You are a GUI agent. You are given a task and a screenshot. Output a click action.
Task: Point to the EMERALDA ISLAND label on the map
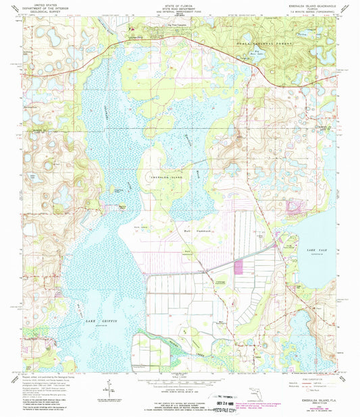[x=161, y=175]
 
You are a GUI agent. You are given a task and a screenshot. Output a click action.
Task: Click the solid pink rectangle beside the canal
[x=238, y=267]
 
